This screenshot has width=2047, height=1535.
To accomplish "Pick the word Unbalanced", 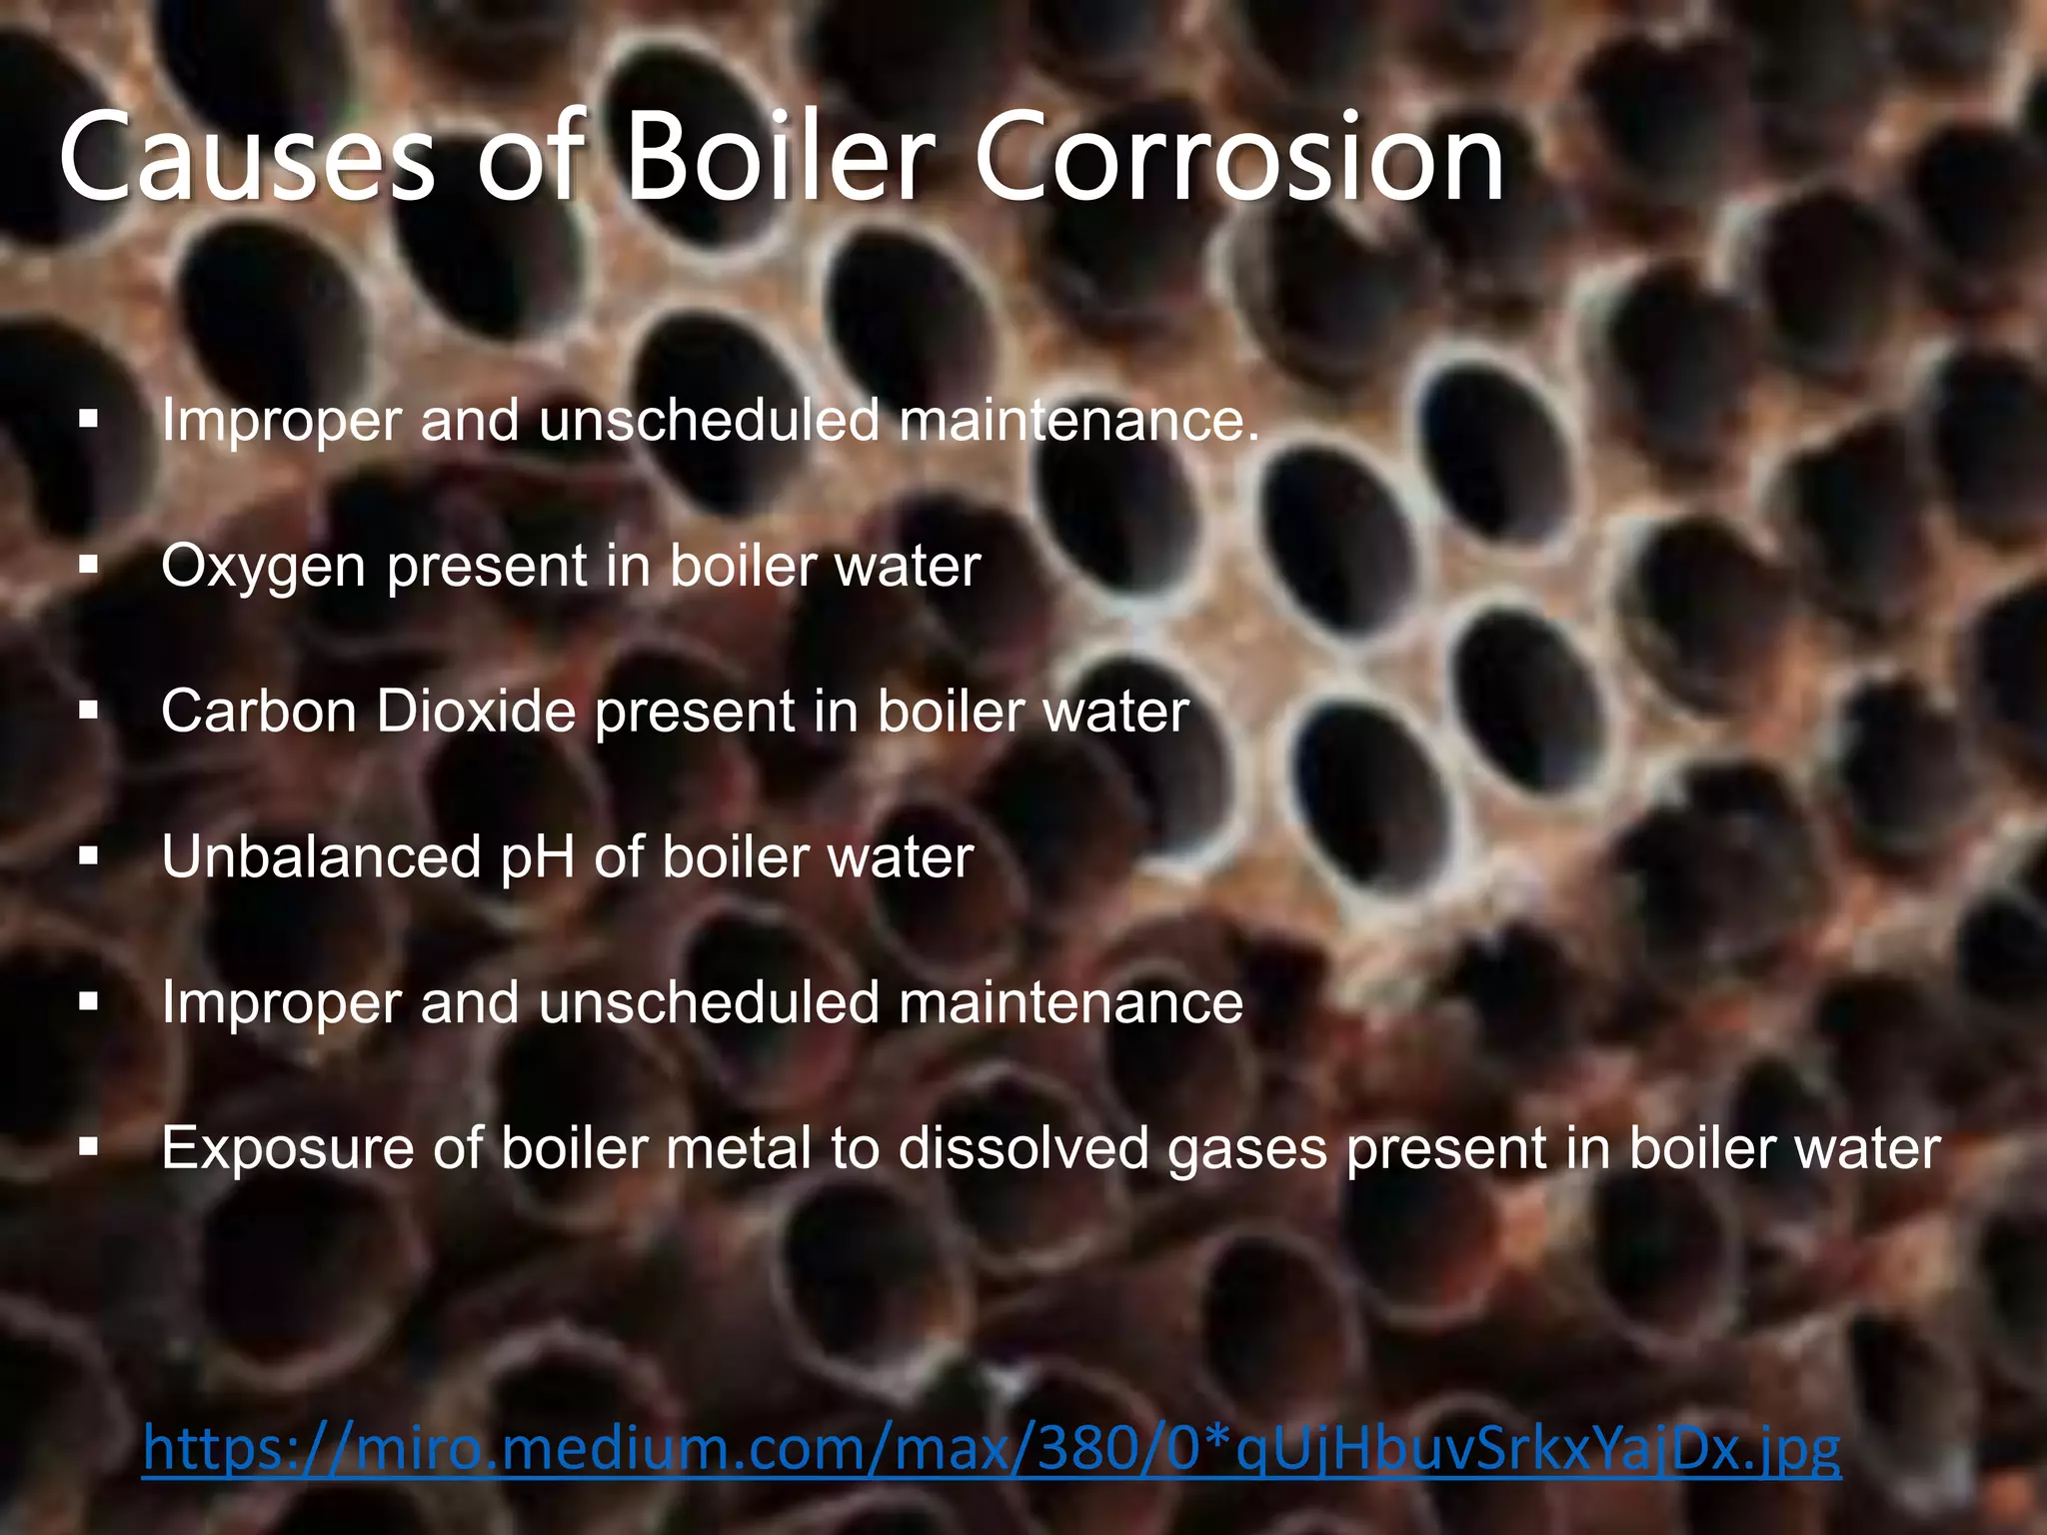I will click(321, 857).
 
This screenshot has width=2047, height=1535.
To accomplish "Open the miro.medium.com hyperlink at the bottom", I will click(991, 1449).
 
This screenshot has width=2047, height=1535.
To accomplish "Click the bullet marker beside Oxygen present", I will click(90, 566).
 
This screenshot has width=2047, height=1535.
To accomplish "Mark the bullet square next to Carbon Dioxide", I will click(90, 712).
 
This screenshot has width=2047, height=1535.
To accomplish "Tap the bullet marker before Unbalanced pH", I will click(90, 856).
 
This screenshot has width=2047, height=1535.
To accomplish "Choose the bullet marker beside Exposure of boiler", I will click(90, 1147).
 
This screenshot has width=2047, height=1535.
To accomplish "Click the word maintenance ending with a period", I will click(1079, 420).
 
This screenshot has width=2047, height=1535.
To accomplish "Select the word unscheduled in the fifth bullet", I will click(709, 1002).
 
